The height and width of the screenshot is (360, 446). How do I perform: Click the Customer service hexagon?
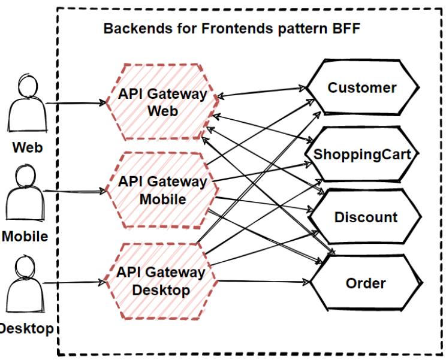[x=362, y=88]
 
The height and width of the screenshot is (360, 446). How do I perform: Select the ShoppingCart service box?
[x=362, y=154]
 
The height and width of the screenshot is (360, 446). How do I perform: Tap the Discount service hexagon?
[x=366, y=217]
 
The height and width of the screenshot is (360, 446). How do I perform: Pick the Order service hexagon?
[x=366, y=283]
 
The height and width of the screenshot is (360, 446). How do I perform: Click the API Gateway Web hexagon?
[x=162, y=102]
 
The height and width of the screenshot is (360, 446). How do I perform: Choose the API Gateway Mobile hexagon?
[x=162, y=190]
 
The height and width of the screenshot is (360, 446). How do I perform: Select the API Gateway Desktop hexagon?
[x=160, y=281]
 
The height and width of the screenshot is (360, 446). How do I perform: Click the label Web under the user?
[x=28, y=147]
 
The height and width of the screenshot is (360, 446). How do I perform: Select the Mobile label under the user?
[x=24, y=236]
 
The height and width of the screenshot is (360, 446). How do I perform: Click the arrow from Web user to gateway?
[x=76, y=103]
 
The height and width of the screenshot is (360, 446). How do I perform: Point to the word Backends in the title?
[x=132, y=28]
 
